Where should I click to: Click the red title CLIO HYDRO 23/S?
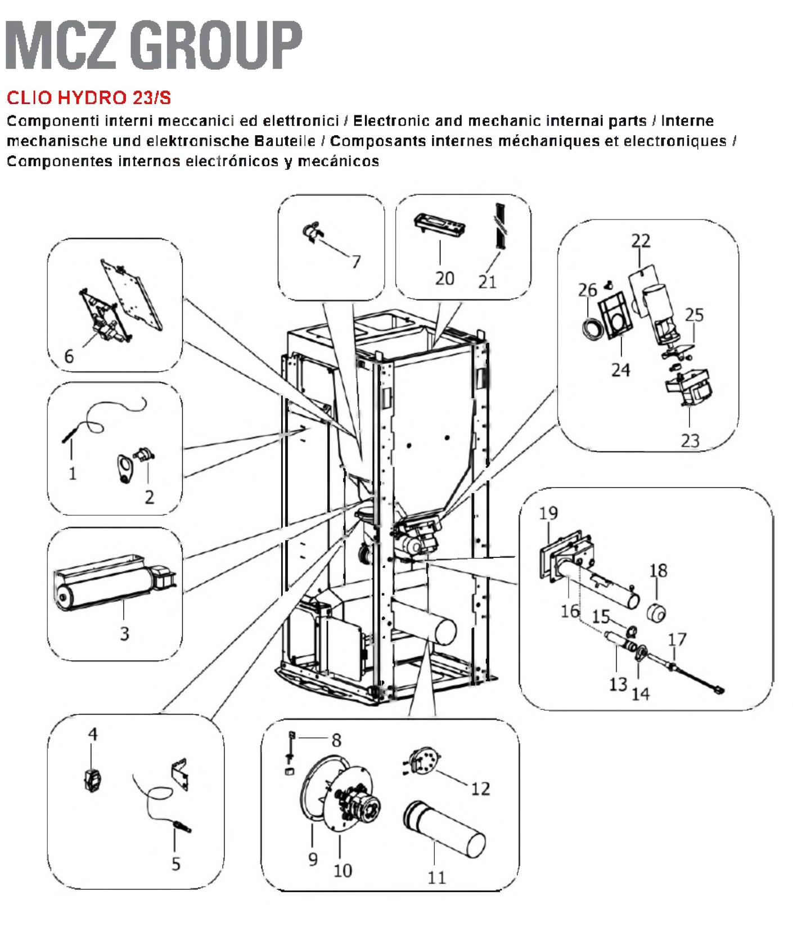(x=89, y=98)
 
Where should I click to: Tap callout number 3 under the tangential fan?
(x=124, y=633)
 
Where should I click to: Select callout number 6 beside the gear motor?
(x=69, y=356)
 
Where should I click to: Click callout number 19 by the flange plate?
(x=548, y=513)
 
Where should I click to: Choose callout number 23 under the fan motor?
(x=690, y=440)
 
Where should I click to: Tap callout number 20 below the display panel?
(x=444, y=278)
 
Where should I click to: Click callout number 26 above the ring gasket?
(x=588, y=290)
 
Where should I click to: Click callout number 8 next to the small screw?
(x=336, y=740)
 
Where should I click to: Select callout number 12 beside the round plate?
(x=480, y=788)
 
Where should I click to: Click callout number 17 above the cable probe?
(x=677, y=640)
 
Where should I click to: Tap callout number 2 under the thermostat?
(x=149, y=497)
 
